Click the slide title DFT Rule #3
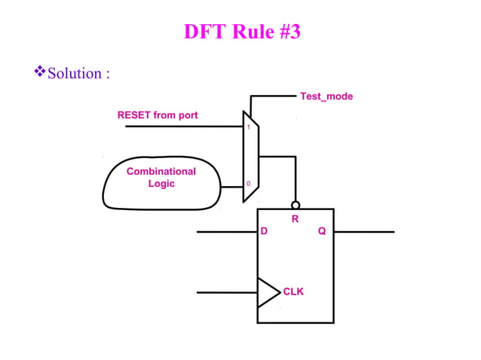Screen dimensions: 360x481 241,32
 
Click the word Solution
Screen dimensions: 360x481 75,74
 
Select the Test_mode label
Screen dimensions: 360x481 326,96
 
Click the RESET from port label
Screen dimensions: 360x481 158,115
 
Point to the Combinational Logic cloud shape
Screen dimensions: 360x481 161,185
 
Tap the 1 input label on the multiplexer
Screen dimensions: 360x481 248,127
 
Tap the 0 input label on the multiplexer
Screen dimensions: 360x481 248,185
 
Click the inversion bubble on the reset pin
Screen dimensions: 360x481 296,205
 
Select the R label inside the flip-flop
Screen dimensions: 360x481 296,219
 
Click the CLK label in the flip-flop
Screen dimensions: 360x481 293,291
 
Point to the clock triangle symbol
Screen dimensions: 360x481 267,292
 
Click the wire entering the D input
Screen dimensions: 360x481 226,232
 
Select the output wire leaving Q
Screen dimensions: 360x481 363,232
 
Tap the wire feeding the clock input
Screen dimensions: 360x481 226,292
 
